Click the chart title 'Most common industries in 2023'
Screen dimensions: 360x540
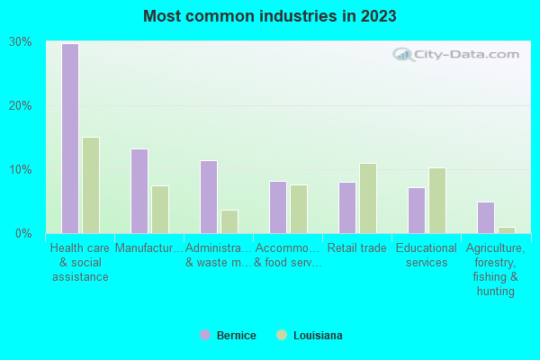(x=270, y=16)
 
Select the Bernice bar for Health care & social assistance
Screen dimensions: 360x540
(x=70, y=139)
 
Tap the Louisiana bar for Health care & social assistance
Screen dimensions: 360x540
(x=91, y=185)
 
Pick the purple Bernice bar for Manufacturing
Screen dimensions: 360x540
(x=139, y=191)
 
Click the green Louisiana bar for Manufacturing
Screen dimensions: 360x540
(x=160, y=210)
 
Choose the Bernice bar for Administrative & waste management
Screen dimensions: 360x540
(x=209, y=197)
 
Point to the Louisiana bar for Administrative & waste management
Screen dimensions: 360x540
(x=229, y=221)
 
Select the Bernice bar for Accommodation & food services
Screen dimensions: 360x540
(x=278, y=207)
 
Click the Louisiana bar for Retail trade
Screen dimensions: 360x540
(x=368, y=198)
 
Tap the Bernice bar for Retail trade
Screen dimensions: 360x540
(x=347, y=208)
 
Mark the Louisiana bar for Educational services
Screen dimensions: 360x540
(x=437, y=201)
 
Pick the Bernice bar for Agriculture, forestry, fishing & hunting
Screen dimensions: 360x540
(x=486, y=218)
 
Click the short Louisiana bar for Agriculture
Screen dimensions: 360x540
(x=507, y=230)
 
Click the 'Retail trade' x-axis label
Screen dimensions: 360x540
(x=357, y=248)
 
